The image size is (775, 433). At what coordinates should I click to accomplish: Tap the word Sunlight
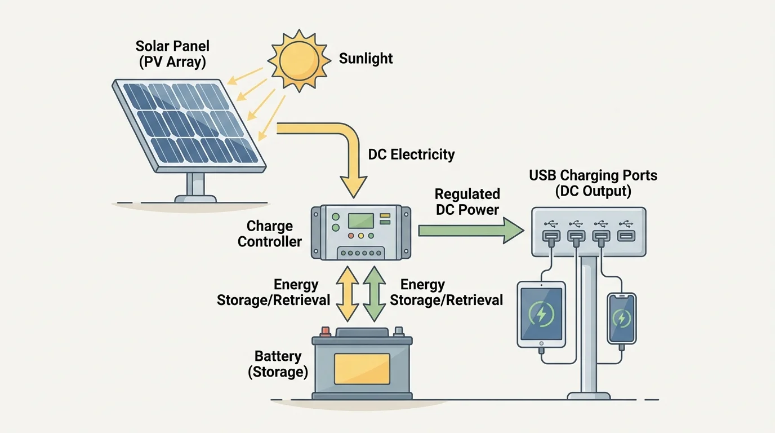coord(366,59)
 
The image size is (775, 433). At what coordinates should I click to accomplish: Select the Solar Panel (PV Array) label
coord(172,54)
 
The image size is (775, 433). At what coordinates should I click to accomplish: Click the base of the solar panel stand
coord(195,198)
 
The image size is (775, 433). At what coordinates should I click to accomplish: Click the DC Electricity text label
coord(411,154)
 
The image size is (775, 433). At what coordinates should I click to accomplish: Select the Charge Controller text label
coord(270,234)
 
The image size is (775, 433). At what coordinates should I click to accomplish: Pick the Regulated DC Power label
coord(467,202)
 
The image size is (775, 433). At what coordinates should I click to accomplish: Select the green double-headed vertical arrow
coord(374,294)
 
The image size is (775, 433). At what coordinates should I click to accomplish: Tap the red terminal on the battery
coord(325,331)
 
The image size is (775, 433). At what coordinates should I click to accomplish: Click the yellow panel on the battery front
coord(362,369)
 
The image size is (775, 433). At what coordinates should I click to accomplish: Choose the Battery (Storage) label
coord(278,364)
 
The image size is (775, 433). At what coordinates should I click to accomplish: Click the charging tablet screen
coord(541,313)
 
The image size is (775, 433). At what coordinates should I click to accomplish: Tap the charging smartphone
coord(621,319)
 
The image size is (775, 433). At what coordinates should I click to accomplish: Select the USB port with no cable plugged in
coord(626,236)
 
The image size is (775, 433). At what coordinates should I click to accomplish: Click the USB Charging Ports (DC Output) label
coord(593,183)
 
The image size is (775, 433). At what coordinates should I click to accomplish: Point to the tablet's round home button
coord(541,343)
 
